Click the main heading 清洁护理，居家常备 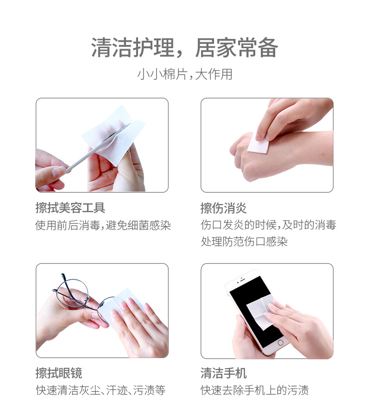click(184, 48)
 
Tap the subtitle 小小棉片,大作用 click(185, 74)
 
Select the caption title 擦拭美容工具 click(70, 208)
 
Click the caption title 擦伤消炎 click(223, 208)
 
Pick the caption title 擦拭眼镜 click(59, 373)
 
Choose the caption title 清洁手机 click(223, 373)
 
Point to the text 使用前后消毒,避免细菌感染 click(103, 226)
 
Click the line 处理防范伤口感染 click(244, 242)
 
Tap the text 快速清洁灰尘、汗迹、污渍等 click(101, 390)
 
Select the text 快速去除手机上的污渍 click(254, 390)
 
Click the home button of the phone click(280, 343)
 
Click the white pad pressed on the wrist click(257, 145)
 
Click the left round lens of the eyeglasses click(72, 294)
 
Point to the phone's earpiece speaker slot click(242, 279)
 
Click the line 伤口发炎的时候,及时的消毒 click(268, 225)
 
